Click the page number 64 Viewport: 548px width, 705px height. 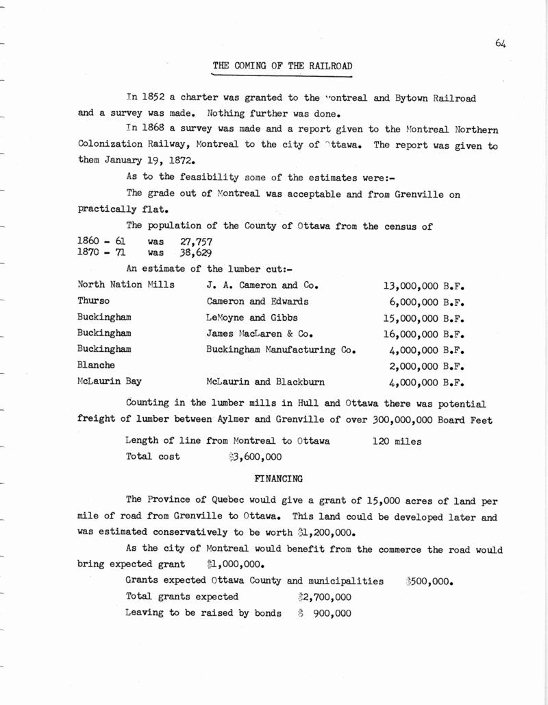pos(499,44)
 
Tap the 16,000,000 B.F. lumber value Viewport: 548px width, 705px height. pos(424,334)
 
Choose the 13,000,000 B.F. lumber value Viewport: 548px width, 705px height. pos(424,285)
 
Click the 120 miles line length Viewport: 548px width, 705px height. pos(395,442)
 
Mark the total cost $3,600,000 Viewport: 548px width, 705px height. pos(254,457)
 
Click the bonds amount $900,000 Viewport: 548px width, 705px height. pos(325,613)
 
